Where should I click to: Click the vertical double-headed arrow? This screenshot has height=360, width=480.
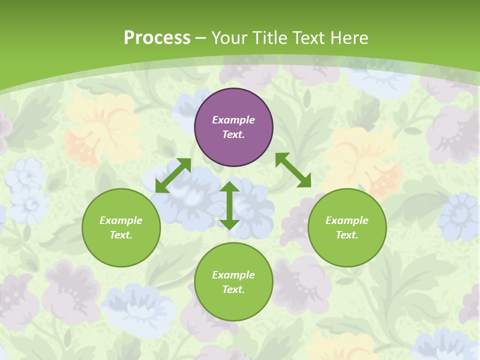click(x=229, y=206)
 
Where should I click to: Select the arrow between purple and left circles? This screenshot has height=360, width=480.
click(x=173, y=175)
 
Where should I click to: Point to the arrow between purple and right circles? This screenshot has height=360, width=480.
click(x=293, y=170)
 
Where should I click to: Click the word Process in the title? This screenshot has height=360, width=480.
click(x=157, y=38)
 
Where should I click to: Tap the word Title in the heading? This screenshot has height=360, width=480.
click(x=269, y=38)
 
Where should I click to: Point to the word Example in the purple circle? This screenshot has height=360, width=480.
click(x=233, y=120)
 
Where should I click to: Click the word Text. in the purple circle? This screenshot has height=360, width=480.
click(x=233, y=134)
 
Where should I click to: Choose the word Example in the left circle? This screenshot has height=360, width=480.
click(x=121, y=220)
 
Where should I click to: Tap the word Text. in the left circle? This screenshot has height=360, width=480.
click(x=121, y=235)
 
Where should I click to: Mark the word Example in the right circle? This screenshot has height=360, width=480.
click(x=347, y=220)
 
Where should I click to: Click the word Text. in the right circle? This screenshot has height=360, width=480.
click(x=347, y=235)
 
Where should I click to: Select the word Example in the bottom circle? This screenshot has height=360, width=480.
click(x=233, y=275)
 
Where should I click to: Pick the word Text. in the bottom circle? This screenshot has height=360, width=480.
click(x=233, y=289)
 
